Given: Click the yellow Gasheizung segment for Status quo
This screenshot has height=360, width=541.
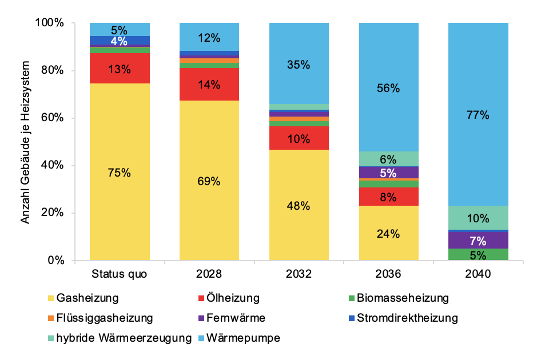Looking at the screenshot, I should coord(120,172).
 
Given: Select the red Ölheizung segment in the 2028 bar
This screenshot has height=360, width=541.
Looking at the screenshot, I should coord(209,85).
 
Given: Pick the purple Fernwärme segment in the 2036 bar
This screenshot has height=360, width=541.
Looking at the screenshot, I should coord(389,173).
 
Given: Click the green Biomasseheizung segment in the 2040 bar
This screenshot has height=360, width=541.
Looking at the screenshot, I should coord(479,255).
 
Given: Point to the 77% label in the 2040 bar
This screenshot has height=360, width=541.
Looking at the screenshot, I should coord(479,115).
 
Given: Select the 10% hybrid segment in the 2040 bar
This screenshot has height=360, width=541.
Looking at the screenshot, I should coord(479,218).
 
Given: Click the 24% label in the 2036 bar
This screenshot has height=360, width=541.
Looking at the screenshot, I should coord(389,233).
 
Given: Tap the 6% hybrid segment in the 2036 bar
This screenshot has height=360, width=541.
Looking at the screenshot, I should coord(389,159).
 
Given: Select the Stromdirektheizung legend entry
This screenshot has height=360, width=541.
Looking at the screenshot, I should coord(407,318).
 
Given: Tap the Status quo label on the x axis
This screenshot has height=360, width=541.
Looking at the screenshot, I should coord(120,274).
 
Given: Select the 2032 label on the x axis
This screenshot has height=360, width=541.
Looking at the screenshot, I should coord(299,274).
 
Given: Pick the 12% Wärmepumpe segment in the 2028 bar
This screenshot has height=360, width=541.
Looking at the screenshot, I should coord(209,37).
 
